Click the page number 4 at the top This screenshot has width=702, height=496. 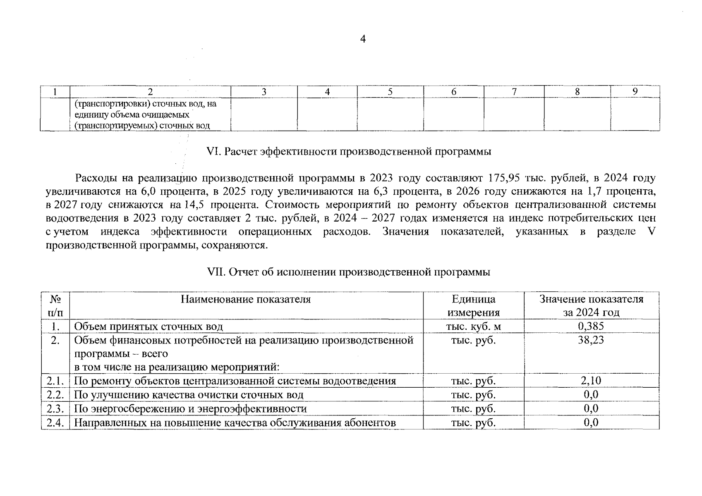coord(363,40)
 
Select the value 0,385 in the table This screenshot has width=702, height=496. coord(591,326)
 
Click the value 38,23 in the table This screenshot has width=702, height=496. coord(591,340)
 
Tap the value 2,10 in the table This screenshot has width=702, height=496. coord(591,381)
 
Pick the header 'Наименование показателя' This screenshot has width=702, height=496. coord(246,299)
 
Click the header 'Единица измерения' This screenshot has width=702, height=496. coord(473,305)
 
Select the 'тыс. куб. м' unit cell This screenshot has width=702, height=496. coord(473,327)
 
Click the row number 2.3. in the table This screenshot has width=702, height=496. coord(55,409)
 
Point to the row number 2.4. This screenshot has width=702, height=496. coord(55,423)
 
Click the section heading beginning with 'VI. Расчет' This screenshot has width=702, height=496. coord(348,152)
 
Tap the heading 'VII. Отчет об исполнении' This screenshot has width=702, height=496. coord(348,272)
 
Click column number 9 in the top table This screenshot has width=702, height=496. coord(635,91)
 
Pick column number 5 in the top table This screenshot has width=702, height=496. coord(390,92)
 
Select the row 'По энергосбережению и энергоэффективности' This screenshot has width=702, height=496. coord(190,409)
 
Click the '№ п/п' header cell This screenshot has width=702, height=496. coord(55,305)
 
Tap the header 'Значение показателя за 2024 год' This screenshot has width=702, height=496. coord(591,305)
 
